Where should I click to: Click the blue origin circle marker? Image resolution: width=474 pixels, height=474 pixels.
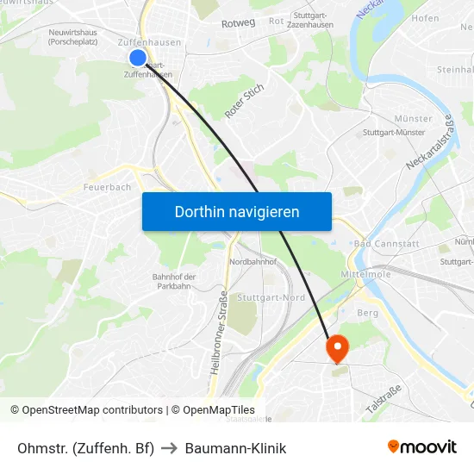138,58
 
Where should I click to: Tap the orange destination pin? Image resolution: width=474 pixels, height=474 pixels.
335,348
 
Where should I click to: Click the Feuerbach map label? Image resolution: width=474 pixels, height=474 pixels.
108,187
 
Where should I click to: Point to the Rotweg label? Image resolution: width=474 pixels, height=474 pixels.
238,23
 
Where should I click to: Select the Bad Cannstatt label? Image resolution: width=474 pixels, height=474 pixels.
385,244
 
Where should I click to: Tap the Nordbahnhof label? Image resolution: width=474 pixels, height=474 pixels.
253,261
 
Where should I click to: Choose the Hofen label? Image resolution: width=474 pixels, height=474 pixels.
425,18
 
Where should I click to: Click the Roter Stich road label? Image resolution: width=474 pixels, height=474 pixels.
244,102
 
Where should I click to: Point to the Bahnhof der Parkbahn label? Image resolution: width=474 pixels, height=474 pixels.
174,281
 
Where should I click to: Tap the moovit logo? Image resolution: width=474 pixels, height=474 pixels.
421,446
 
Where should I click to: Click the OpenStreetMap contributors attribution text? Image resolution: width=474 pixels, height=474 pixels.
92,410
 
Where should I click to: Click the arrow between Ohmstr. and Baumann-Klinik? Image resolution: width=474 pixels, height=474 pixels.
169,448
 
